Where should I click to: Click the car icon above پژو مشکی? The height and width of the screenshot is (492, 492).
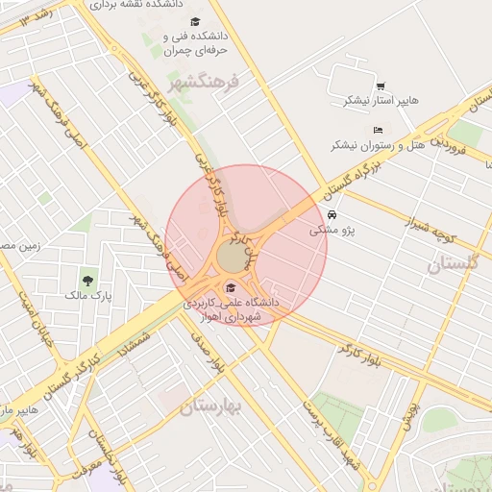coord(332,215)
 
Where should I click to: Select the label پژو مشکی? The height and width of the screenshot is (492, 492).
coord(332,231)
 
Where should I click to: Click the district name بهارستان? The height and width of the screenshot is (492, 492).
coord(212,406)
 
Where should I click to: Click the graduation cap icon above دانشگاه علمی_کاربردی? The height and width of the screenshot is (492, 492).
coord(230,287)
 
